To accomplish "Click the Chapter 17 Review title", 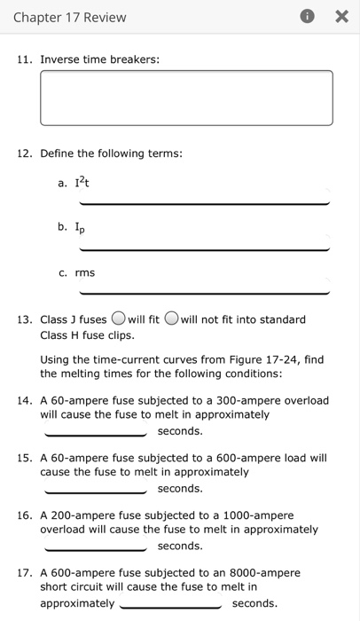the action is click(69, 17).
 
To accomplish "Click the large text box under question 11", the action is click(186, 98).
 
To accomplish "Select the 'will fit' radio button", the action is click(117, 319).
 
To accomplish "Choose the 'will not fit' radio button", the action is click(171, 319).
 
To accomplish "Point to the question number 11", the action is click(26, 59).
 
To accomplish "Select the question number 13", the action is click(26, 319).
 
